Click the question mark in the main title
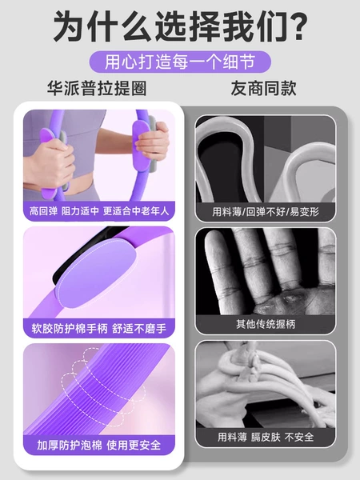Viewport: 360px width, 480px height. pos(296,26)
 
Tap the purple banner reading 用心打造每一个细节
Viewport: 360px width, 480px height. pos(180,62)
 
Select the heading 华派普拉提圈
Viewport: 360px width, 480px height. pos(97,89)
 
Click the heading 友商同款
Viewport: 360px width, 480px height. pos(263,89)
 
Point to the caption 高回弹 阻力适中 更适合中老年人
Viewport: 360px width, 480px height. pos(99,211)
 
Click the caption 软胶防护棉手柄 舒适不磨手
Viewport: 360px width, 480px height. pos(99,329)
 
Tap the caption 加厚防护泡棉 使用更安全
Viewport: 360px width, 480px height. pos(99,445)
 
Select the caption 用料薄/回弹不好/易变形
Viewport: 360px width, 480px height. pos(266,211)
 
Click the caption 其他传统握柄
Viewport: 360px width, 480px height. pos(266,324)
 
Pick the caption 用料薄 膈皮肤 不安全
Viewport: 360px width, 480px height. pos(266,437)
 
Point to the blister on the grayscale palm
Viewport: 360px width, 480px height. pos(292,297)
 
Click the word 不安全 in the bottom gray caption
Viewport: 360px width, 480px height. pos(299,437)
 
